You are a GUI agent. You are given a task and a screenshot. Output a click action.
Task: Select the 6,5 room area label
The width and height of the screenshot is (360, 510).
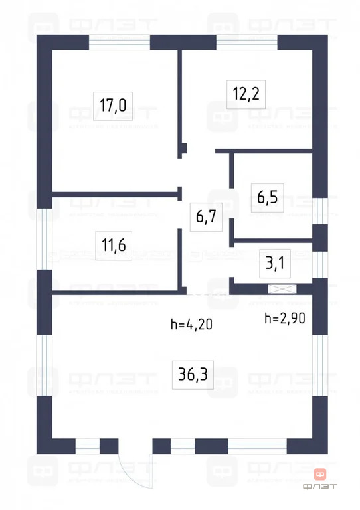[270, 197]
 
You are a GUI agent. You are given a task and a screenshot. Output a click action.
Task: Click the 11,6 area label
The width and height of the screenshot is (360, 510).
[114, 248]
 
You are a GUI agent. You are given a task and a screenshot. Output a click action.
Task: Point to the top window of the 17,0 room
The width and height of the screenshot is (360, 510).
[120, 41]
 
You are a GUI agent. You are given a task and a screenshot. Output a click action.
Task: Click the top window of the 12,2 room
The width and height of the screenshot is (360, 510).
[246, 41]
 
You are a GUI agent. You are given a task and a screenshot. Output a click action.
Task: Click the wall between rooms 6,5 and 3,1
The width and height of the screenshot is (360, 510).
[271, 240]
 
